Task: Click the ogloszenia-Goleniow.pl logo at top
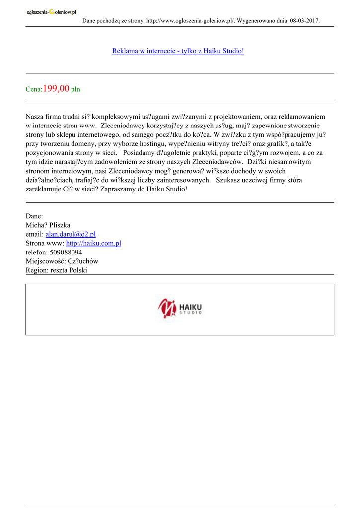51,13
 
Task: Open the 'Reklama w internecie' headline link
178,51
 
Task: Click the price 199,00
56,89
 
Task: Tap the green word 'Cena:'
34,90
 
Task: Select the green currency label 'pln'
75,90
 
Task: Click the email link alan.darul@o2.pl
71,234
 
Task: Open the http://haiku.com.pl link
93,243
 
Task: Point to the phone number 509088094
66,252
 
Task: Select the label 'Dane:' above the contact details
34,216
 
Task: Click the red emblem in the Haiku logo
167,309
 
